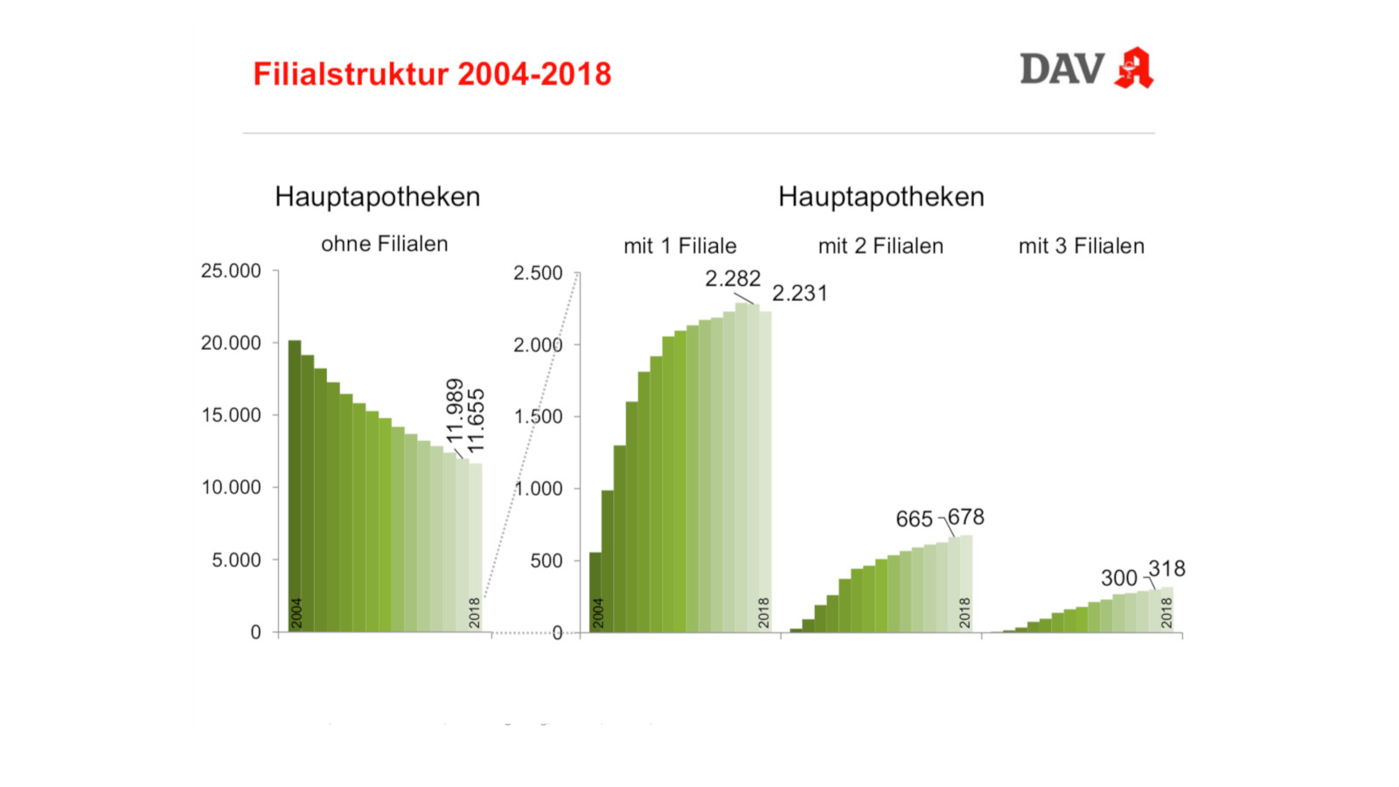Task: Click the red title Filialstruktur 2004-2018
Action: coord(432,74)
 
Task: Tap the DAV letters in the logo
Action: coord(1061,69)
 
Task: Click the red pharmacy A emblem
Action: coord(1134,68)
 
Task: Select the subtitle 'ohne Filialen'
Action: coord(384,244)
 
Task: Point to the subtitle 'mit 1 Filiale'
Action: coord(679,246)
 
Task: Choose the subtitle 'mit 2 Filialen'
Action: coord(880,246)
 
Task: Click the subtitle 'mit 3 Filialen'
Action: coord(1081,246)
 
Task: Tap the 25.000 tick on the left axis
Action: coord(231,271)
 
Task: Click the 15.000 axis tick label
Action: coord(231,415)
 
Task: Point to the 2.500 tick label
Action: coord(538,273)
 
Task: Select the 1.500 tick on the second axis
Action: coord(538,416)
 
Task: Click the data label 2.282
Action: coord(733,279)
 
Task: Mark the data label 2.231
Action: coord(799,293)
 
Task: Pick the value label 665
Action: coord(914,519)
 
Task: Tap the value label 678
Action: coord(966,517)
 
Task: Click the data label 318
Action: coord(1166,569)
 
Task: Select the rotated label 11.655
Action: coord(476,421)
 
